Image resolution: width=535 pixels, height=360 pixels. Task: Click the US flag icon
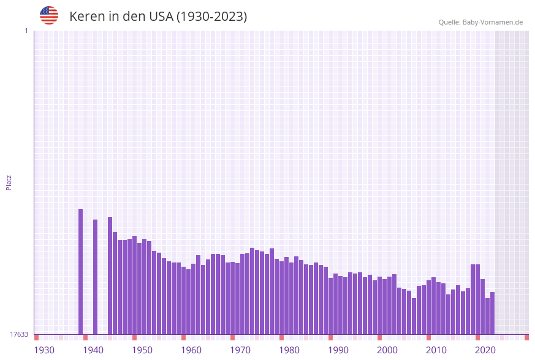click(49, 15)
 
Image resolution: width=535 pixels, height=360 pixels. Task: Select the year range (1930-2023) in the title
click(212, 17)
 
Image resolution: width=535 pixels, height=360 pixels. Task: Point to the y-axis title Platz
click(9, 182)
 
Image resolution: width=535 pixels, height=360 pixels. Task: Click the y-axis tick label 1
click(26, 31)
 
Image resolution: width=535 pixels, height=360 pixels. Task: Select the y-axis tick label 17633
click(19, 334)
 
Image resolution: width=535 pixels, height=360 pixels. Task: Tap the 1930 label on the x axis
click(44, 350)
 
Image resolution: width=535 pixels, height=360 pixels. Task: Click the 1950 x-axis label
click(142, 350)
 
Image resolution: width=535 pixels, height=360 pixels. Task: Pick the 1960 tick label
click(191, 350)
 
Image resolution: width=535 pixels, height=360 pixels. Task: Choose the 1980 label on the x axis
click(289, 350)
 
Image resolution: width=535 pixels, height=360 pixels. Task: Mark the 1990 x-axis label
click(338, 350)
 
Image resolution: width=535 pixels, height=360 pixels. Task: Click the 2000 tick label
click(387, 350)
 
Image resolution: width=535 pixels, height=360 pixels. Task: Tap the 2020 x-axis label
click(485, 350)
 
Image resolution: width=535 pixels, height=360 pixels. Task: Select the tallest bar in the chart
click(80, 272)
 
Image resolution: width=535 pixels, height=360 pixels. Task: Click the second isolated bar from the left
click(95, 277)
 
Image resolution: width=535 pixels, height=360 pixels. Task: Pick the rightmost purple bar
click(492, 313)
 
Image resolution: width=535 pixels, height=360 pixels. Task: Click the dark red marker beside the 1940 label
click(85, 337)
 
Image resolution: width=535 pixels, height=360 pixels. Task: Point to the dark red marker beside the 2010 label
click(428, 337)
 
